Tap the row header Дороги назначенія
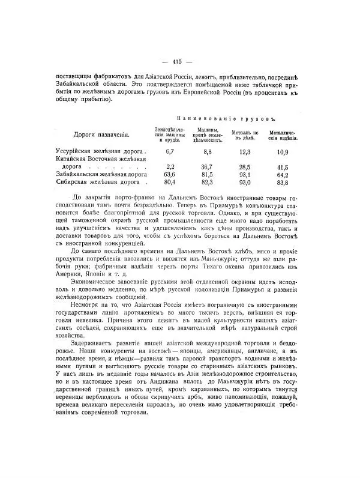tap(100, 135)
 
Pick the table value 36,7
tap(208, 166)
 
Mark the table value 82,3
tap(208, 183)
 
